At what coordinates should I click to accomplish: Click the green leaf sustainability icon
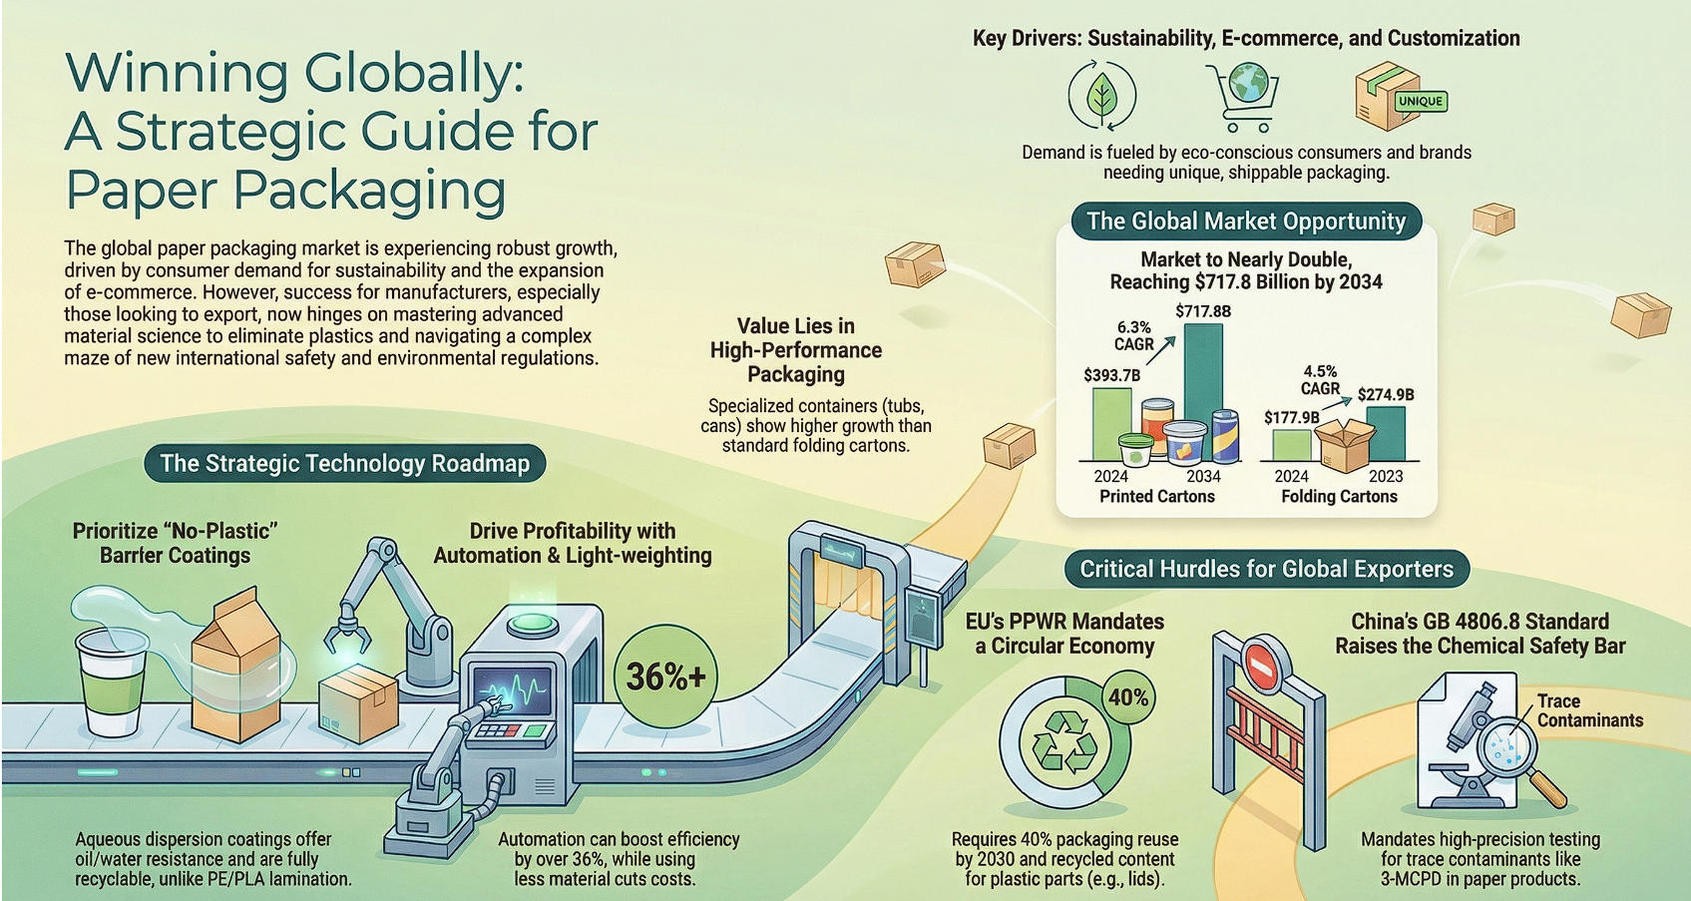tap(1101, 96)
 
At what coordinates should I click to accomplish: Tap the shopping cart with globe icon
tap(1243, 95)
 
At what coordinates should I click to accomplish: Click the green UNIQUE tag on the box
tap(1420, 101)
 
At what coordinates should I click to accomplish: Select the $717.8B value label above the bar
tap(1203, 311)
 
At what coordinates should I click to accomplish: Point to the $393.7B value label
tap(1111, 375)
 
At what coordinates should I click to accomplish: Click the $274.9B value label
tap(1386, 395)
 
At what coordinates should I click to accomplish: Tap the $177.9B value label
tap(1291, 417)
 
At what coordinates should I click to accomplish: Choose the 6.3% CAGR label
tap(1133, 335)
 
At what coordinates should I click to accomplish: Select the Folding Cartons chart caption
tap(1339, 497)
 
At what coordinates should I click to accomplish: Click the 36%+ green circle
tap(665, 676)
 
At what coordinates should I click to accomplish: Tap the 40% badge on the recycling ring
tap(1128, 697)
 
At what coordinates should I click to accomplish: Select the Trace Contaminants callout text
tap(1589, 710)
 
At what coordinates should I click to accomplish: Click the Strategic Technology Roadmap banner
tap(345, 463)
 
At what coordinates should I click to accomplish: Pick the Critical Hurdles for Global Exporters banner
tap(1266, 569)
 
